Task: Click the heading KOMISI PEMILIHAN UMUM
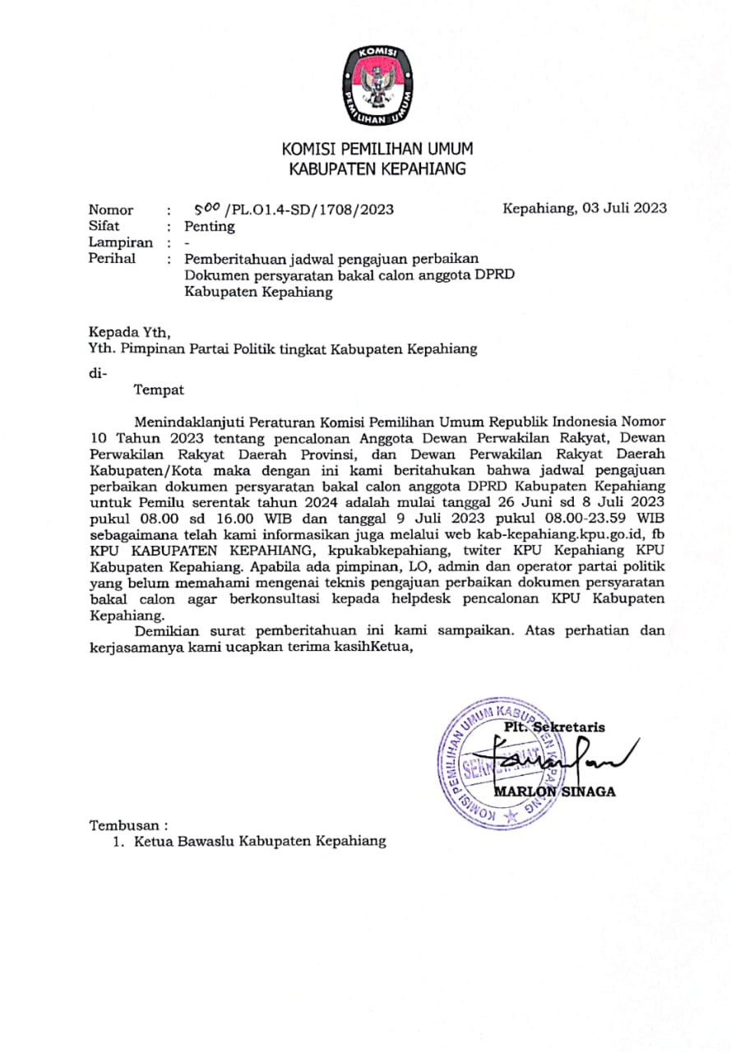click(377, 149)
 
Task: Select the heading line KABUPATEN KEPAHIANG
click(377, 170)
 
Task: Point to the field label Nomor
click(110, 210)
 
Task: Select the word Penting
click(209, 226)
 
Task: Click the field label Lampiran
click(120, 242)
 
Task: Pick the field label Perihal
click(112, 259)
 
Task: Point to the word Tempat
click(159, 390)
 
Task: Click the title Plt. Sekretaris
click(554, 727)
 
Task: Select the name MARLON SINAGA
click(554, 791)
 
